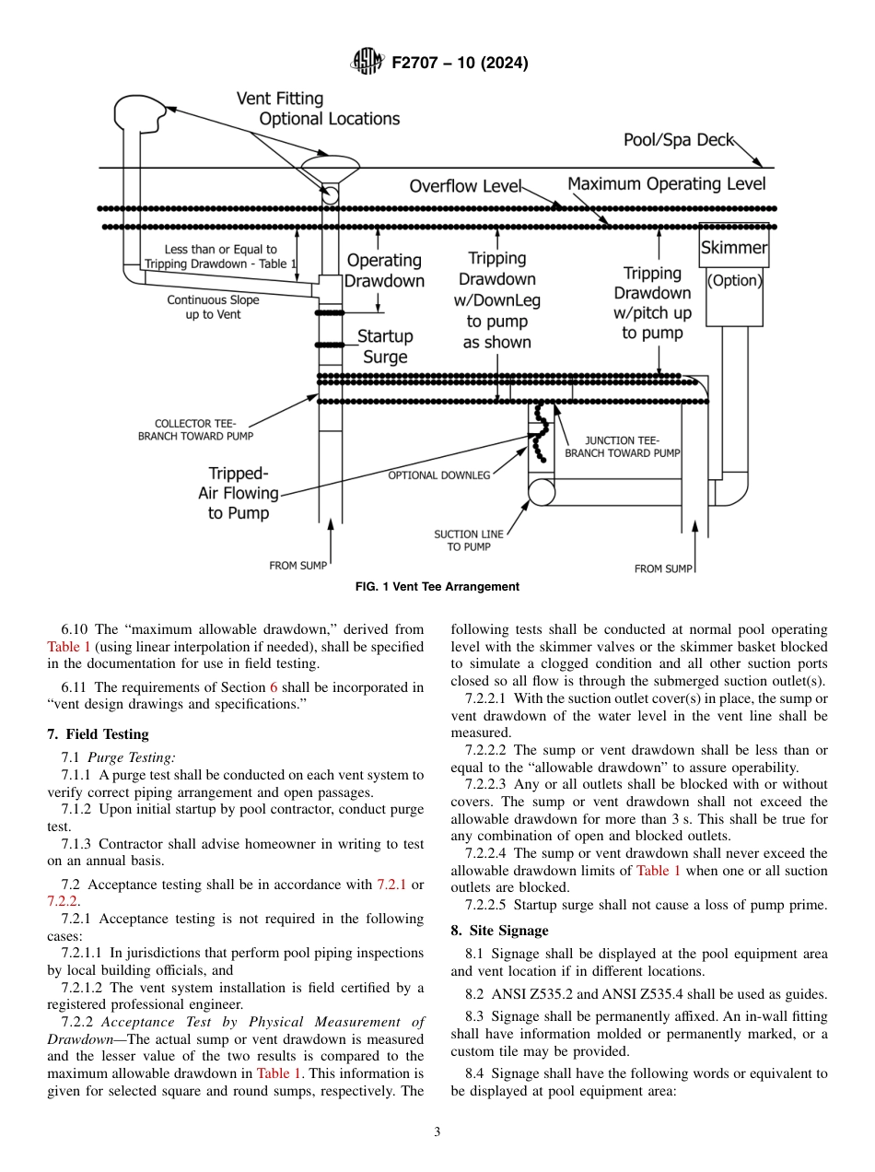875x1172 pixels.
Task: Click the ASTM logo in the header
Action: click(x=367, y=63)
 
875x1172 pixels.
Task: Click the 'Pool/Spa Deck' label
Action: click(x=678, y=140)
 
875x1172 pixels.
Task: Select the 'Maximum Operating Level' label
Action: click(x=666, y=183)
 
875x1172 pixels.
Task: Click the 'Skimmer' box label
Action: click(x=733, y=248)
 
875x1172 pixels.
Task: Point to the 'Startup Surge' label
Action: click(x=385, y=346)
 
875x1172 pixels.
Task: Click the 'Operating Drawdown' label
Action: click(x=384, y=271)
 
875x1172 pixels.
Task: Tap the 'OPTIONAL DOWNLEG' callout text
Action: click(x=439, y=475)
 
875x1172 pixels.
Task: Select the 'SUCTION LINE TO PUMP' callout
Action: click(x=469, y=540)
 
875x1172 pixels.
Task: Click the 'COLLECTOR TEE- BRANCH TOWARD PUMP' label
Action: click(x=195, y=429)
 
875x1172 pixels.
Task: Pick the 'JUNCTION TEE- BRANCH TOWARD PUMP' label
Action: click(x=623, y=447)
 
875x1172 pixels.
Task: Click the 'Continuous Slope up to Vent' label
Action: click(x=213, y=307)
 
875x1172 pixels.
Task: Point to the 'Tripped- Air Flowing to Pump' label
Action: click(x=238, y=493)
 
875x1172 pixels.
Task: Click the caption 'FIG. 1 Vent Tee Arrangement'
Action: click(x=437, y=587)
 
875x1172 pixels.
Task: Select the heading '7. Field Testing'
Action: click(x=98, y=734)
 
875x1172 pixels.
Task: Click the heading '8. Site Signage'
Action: click(x=499, y=931)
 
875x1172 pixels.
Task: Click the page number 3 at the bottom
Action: click(x=437, y=1132)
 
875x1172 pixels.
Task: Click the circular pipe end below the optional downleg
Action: click(x=542, y=492)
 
